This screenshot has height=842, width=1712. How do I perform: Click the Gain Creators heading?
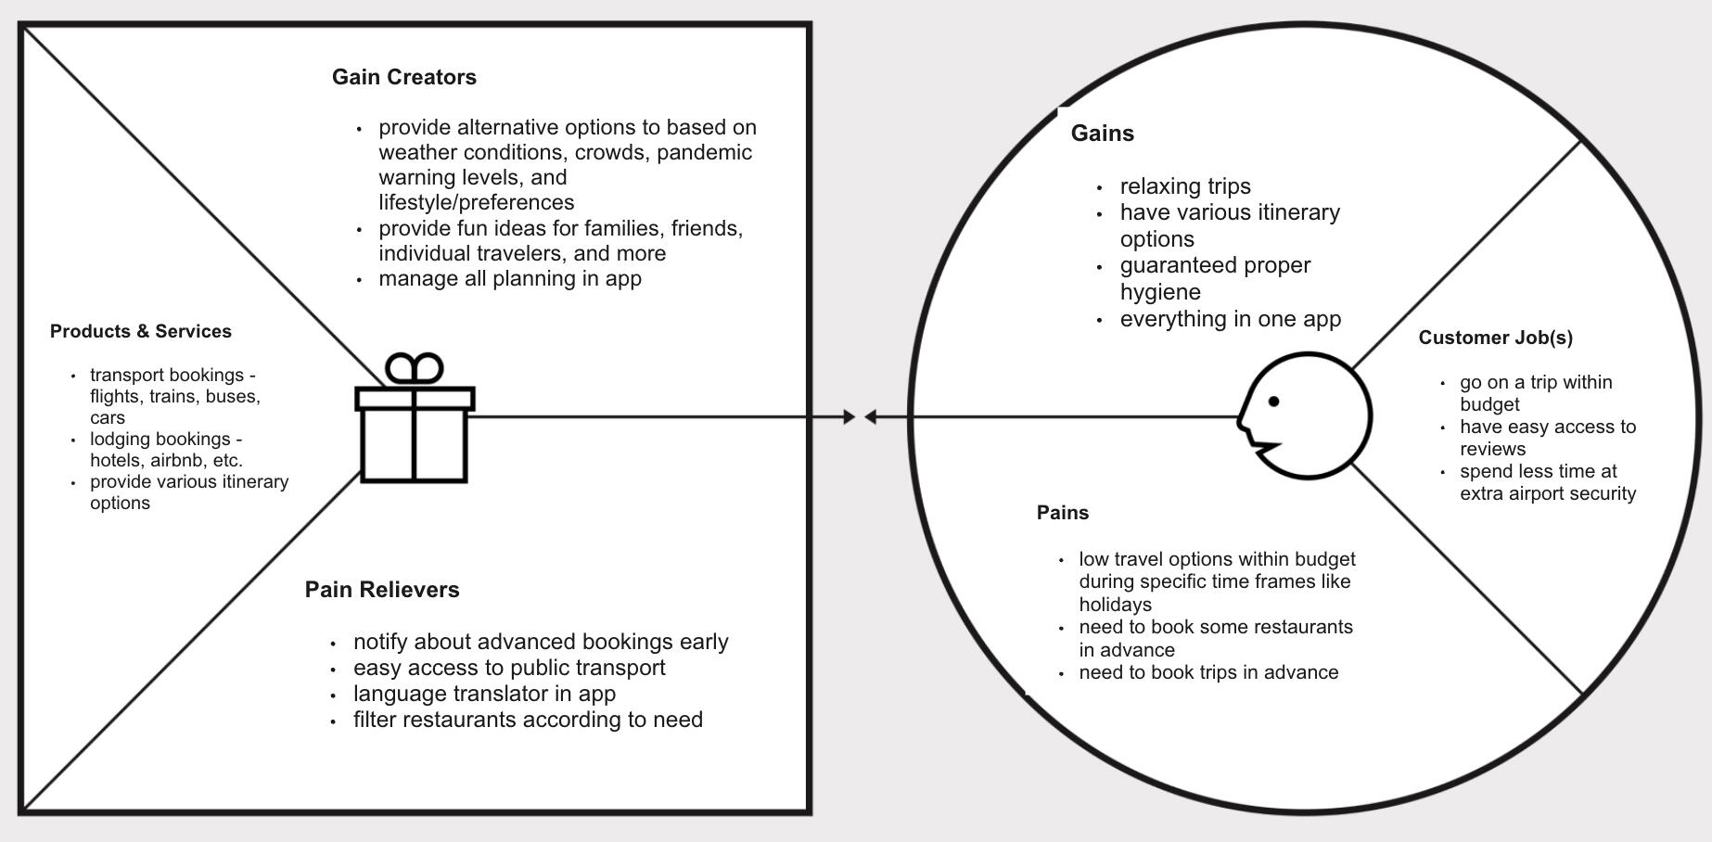(x=404, y=77)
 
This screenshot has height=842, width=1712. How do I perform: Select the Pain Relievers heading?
(x=382, y=590)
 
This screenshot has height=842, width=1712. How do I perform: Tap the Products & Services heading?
(x=141, y=331)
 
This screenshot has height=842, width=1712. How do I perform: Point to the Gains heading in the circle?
(x=1103, y=134)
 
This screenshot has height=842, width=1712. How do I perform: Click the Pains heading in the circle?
(x=1063, y=513)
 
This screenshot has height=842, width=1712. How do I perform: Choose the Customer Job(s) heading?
(x=1496, y=338)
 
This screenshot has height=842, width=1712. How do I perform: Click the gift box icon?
(x=415, y=418)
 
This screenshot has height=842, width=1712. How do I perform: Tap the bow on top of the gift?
(x=415, y=369)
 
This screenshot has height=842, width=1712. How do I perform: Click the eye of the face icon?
(x=1273, y=402)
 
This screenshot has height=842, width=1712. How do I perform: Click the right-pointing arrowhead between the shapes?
(x=850, y=417)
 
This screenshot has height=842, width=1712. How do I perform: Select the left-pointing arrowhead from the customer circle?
(x=870, y=417)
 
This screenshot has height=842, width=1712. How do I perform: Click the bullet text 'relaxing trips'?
(x=1185, y=186)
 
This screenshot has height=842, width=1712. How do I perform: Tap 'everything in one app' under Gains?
(x=1231, y=319)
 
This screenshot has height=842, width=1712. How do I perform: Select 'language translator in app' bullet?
(x=485, y=694)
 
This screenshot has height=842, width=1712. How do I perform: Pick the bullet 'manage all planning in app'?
(x=510, y=278)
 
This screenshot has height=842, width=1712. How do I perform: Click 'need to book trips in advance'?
(x=1209, y=672)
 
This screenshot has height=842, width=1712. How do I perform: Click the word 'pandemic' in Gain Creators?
(x=704, y=152)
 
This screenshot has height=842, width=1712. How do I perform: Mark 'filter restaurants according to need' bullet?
(x=529, y=720)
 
